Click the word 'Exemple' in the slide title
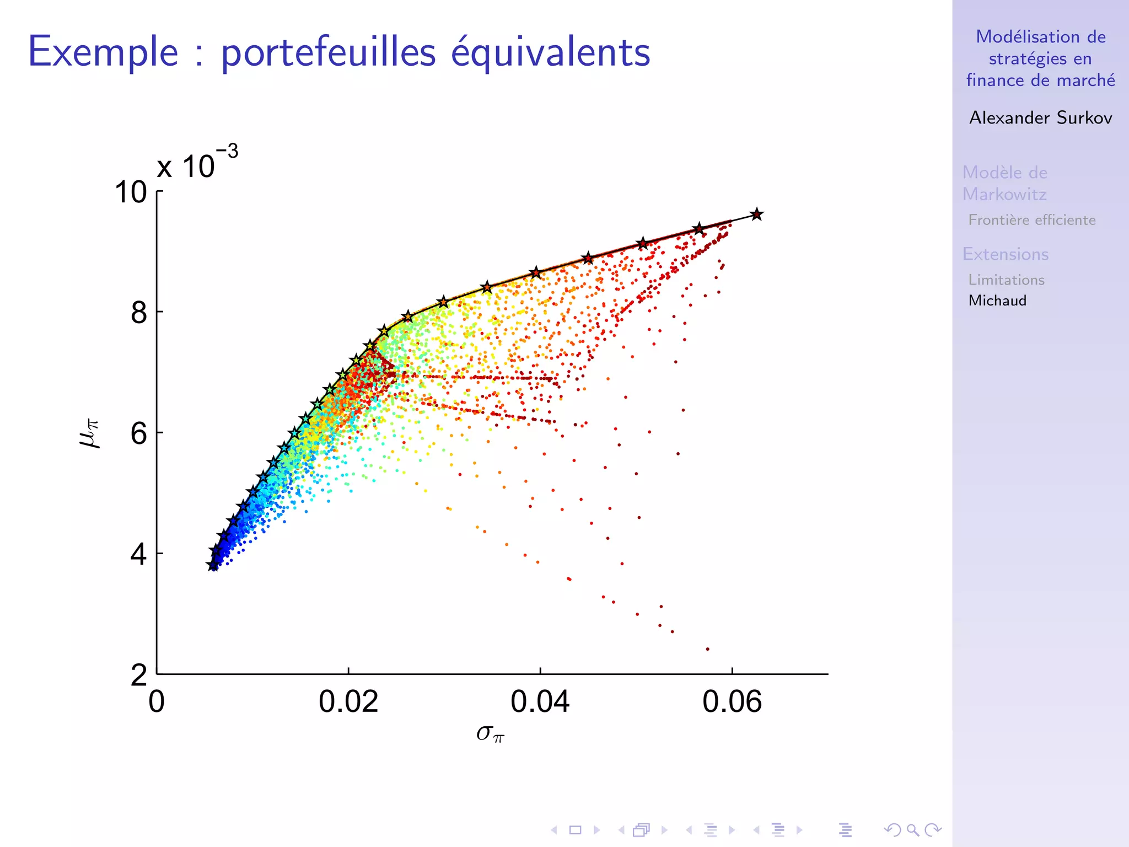pyautogui.click(x=103, y=52)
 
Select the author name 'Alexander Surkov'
pyautogui.click(x=1040, y=117)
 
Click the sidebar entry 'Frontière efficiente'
pyautogui.click(x=1031, y=220)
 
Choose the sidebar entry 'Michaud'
pyautogui.click(x=997, y=301)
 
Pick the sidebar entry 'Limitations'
pyautogui.click(x=1006, y=280)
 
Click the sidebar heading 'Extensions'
pyautogui.click(x=1005, y=254)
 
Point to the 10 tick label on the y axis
pyautogui.click(x=131, y=192)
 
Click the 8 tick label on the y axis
pyautogui.click(x=139, y=313)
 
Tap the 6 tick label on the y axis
pyautogui.click(x=139, y=433)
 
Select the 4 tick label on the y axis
pyautogui.click(x=139, y=554)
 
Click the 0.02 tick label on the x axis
pyautogui.click(x=348, y=702)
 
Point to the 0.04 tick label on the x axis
pyautogui.click(x=540, y=702)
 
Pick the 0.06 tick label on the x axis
pyautogui.click(x=732, y=702)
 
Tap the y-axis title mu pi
pyautogui.click(x=90, y=433)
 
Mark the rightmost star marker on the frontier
pyautogui.click(x=757, y=215)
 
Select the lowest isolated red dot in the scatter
pyautogui.click(x=707, y=649)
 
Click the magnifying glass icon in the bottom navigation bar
pyautogui.click(x=912, y=830)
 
